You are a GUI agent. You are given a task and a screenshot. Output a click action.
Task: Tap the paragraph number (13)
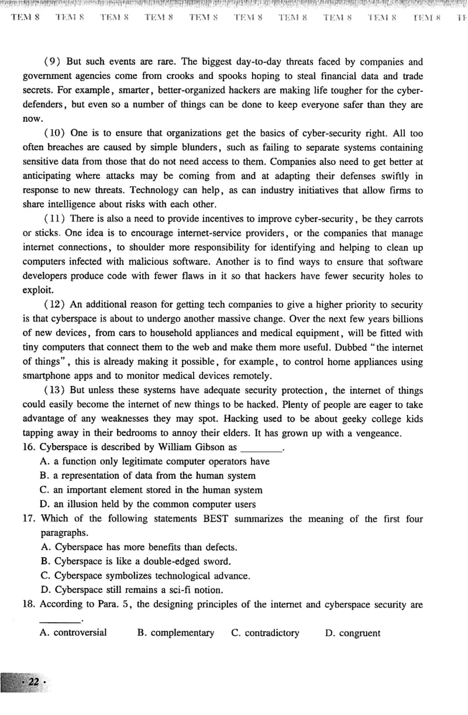[x=54, y=390]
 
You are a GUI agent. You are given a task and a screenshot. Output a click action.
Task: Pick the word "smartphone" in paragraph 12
[x=46, y=376]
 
